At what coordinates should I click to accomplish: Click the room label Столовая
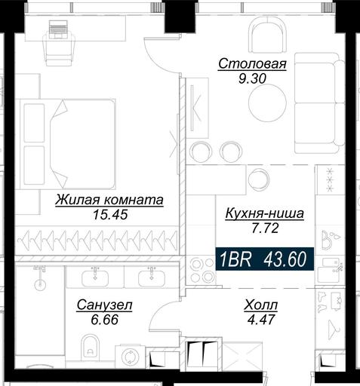click(252, 64)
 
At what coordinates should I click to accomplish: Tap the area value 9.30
click(252, 79)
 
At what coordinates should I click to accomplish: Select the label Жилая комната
click(109, 200)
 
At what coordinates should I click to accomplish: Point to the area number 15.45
click(110, 215)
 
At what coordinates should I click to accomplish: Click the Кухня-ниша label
click(265, 213)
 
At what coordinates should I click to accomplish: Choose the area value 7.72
click(265, 228)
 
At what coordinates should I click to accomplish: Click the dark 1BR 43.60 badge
click(265, 259)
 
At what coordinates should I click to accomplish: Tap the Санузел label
click(104, 305)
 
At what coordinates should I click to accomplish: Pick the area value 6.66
click(105, 320)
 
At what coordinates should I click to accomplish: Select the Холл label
click(261, 305)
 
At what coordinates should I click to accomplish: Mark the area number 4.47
click(261, 320)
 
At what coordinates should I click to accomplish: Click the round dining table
click(267, 103)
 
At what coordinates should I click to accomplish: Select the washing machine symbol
click(130, 357)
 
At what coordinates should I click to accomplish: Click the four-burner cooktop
click(202, 271)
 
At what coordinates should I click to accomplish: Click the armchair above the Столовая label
click(267, 35)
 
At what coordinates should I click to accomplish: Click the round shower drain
click(40, 285)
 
